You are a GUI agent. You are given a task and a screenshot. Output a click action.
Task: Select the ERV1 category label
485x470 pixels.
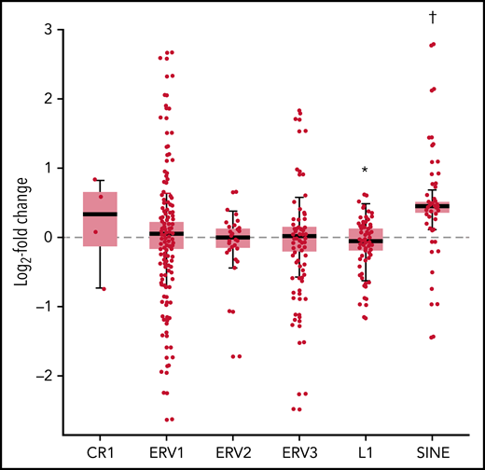point(166,454)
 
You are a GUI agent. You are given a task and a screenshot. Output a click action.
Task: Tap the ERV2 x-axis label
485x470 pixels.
point(232,454)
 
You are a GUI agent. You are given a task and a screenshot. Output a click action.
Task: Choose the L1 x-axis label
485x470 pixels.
point(366,454)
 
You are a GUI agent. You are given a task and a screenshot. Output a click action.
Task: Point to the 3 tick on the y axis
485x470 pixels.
point(45,29)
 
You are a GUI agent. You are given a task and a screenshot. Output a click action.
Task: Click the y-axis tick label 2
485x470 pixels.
point(45,99)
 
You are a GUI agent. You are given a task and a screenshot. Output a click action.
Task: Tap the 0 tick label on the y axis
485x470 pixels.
point(45,237)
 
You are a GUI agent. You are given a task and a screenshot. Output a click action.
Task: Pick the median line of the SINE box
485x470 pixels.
point(432,206)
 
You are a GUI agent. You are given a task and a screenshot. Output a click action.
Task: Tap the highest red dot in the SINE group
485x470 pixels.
point(432,45)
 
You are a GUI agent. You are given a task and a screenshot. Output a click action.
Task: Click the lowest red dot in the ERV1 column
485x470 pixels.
point(168,420)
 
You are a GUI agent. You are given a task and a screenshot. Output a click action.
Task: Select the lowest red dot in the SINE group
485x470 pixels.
point(432,337)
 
